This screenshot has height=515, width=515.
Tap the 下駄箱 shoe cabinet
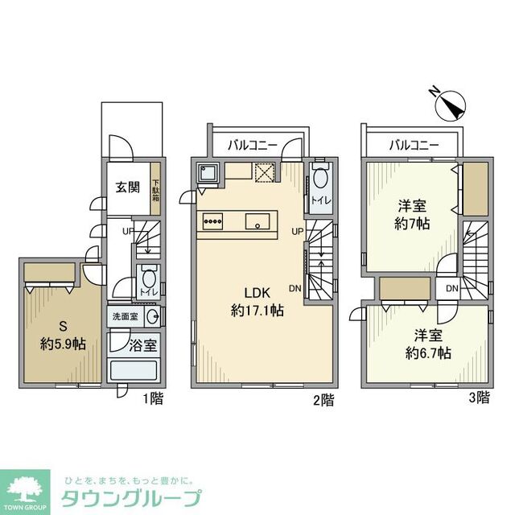pos(157,192)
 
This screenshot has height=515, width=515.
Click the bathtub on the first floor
pos(134,371)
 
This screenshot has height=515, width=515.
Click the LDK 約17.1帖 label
pos(257,301)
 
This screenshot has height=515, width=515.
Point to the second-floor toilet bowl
pos(319,179)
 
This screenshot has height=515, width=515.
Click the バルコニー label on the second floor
pos(252,146)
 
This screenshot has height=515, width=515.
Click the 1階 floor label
pos(152,398)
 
